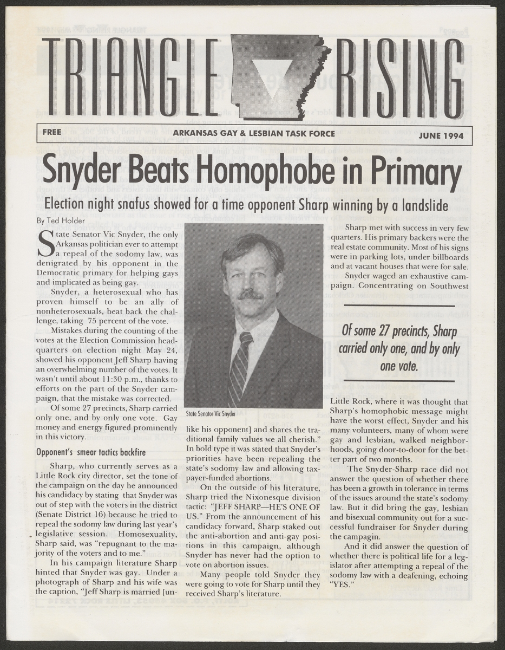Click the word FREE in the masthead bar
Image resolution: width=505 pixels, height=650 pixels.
coord(53,131)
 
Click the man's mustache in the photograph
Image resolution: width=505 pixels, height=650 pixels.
coord(250,296)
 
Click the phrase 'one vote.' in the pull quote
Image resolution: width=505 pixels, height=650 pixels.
coord(398,367)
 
